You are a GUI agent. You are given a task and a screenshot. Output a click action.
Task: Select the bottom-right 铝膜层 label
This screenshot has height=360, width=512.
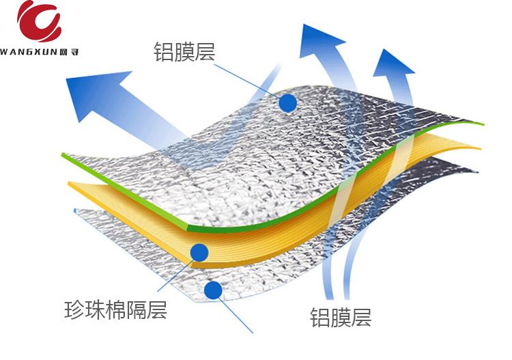[341, 316]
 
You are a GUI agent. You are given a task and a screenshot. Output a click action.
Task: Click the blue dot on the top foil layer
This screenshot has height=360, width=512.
[287, 103]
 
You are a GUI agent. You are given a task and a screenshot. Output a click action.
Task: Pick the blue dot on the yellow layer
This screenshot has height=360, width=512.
[199, 252]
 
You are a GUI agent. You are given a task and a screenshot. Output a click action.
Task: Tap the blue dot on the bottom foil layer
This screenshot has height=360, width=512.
[213, 290]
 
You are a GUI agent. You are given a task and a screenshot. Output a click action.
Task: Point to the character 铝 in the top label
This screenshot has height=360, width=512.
[165, 51]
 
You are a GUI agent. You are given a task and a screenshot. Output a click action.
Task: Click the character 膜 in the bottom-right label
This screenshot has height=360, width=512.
[341, 316]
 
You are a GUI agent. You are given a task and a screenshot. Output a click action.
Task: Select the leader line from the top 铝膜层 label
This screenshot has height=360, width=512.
[246, 79]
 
